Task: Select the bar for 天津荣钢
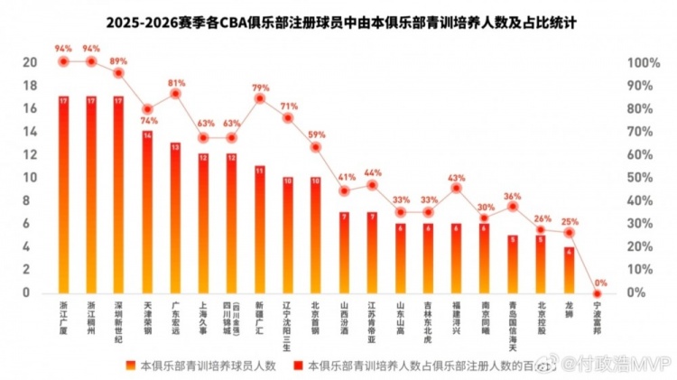pos(146,212)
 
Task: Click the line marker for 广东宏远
pos(175,94)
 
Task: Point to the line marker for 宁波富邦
pos(597,293)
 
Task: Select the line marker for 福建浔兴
pos(456,188)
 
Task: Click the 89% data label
pos(118,60)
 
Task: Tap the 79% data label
pos(260,88)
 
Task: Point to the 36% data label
pos(513,195)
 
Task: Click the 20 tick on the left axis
pos(29,62)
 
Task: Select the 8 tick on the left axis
pos(32,200)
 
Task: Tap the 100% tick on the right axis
pos(644,62)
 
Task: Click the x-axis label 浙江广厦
pos(62,315)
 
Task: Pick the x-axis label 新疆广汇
pos(260,315)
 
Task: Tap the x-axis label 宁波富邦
pos(597,315)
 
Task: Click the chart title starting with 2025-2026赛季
pos(338,22)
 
